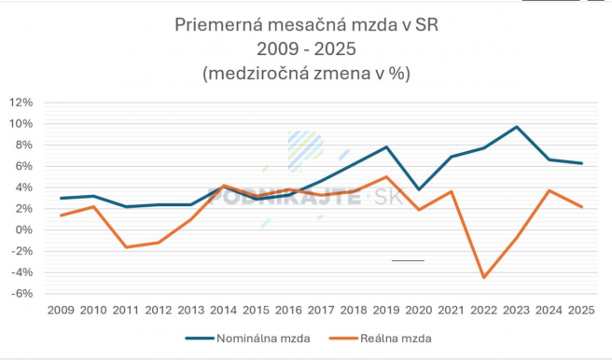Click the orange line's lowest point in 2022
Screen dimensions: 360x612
point(484,278)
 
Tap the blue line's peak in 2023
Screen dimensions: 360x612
point(517,127)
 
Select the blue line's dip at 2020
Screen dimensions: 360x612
point(419,189)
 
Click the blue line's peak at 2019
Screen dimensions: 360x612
point(386,147)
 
